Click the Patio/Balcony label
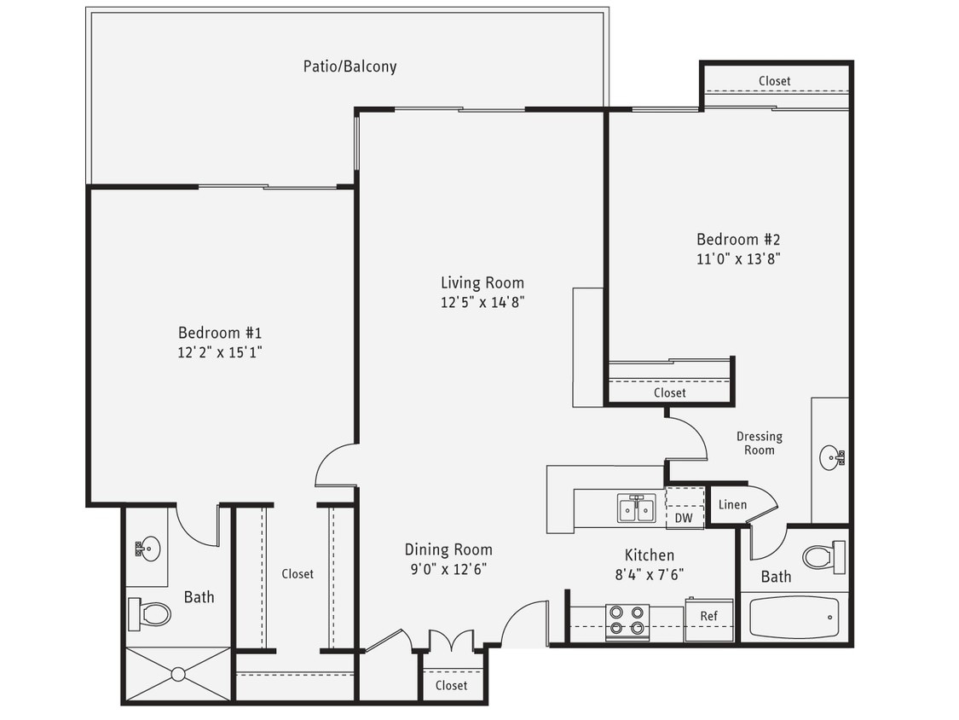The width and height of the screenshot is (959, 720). tap(350, 66)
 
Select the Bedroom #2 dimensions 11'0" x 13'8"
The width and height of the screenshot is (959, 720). tap(738, 258)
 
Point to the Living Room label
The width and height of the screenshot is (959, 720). tap(482, 282)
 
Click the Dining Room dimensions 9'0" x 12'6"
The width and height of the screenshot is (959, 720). tap(448, 569)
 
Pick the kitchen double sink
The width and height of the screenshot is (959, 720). tap(636, 508)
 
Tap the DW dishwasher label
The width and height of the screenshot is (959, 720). tap(684, 517)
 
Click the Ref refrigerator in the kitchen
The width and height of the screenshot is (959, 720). tap(708, 617)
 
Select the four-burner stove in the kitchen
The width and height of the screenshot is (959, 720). tap(627, 621)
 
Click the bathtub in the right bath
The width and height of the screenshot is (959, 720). tap(794, 618)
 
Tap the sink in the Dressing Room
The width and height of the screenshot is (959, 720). tap(831, 458)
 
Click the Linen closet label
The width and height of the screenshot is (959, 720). tap(732, 504)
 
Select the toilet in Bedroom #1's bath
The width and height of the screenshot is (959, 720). tap(150, 613)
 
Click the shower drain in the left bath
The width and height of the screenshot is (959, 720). tap(177, 674)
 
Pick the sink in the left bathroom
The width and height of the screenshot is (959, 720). tap(147, 547)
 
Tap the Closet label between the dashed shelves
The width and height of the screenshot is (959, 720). tap(298, 574)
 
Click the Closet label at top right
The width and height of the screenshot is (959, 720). tap(774, 81)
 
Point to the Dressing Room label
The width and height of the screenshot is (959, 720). tap(759, 443)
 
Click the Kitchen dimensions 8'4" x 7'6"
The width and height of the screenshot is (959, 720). tap(650, 574)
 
